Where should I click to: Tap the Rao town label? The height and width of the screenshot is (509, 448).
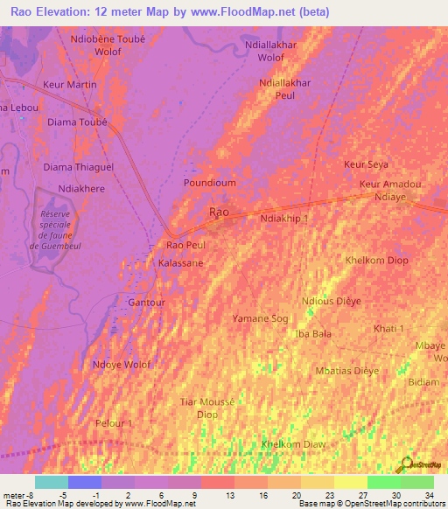click(x=219, y=213)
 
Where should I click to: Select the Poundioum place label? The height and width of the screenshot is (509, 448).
click(x=209, y=183)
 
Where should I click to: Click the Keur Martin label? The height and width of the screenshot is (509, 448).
click(x=70, y=85)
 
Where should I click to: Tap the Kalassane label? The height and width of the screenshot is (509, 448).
click(x=181, y=262)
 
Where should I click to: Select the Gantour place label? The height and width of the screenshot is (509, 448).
click(x=146, y=303)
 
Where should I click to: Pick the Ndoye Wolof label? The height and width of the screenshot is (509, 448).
click(x=122, y=365)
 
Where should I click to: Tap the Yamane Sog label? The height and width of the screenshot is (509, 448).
click(x=260, y=319)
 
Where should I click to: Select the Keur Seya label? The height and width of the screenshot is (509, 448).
click(x=367, y=164)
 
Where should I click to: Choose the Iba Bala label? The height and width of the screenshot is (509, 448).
click(x=314, y=334)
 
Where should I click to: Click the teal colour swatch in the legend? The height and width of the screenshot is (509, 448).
click(x=52, y=482)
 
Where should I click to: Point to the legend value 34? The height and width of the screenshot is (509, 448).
click(x=429, y=494)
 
